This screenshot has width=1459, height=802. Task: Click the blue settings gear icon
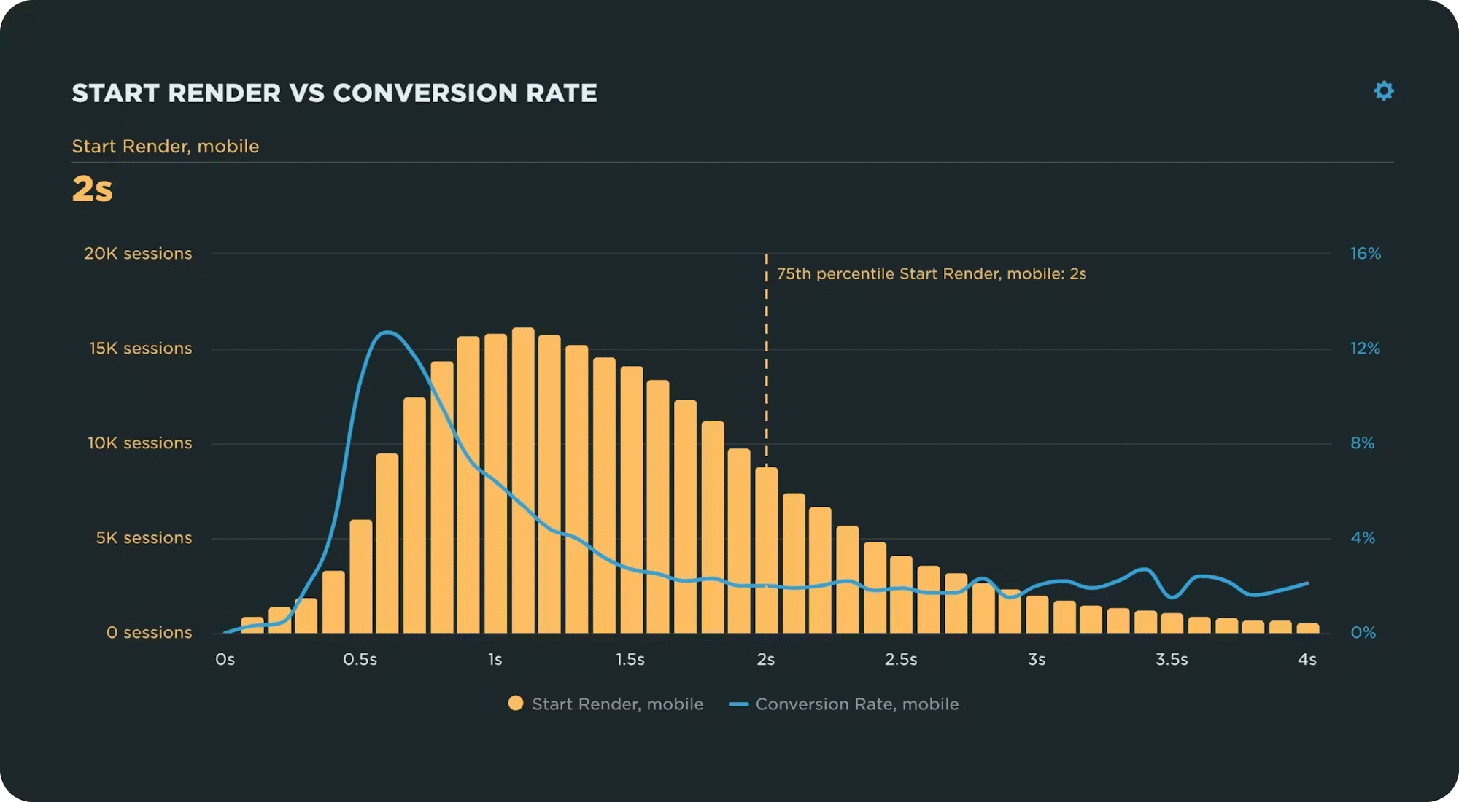pos(1384,91)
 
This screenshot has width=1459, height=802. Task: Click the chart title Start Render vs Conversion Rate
pos(334,93)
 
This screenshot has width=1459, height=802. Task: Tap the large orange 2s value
pos(93,190)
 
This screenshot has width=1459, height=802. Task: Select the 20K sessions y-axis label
pos(138,254)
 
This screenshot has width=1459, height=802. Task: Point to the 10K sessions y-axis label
pos(139,443)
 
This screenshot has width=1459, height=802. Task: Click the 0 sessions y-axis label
pos(149,633)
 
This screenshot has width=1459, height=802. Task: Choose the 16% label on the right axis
pos(1366,254)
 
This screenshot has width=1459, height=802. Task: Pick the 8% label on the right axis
pos(1362,443)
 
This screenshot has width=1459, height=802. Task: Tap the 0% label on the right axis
pos(1363,633)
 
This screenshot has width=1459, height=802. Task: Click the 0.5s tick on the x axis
pos(360,660)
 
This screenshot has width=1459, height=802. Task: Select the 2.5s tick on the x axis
pos(901,660)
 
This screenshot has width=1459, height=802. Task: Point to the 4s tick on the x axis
pos(1307,660)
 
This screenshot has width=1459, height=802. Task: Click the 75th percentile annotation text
pos(931,274)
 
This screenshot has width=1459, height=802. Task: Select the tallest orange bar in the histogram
pos(523,481)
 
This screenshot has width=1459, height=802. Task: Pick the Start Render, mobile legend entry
pos(605,704)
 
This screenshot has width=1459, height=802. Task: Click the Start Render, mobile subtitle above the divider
pos(166,147)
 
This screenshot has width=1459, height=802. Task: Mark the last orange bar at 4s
pos(1308,628)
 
